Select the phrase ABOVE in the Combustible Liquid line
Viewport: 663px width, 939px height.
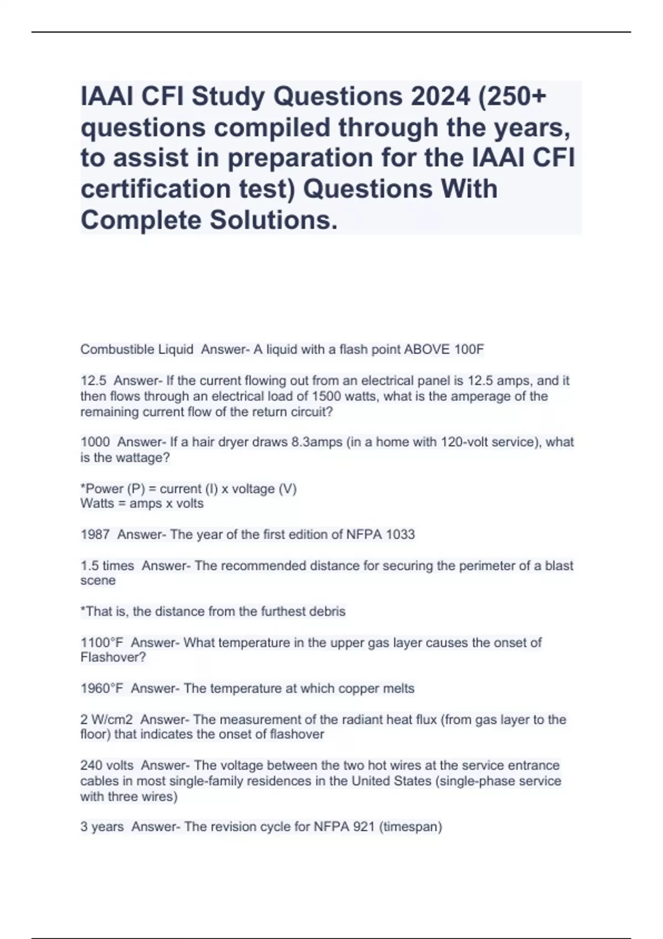click(428, 349)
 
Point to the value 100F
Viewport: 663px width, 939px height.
click(469, 349)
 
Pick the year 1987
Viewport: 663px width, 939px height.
click(95, 534)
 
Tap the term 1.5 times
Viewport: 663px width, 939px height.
click(107, 566)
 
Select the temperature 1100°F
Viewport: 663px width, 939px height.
click(102, 642)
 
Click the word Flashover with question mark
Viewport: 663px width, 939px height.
click(113, 657)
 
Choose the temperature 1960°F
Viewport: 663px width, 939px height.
click(102, 688)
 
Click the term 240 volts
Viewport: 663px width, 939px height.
click(107, 765)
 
